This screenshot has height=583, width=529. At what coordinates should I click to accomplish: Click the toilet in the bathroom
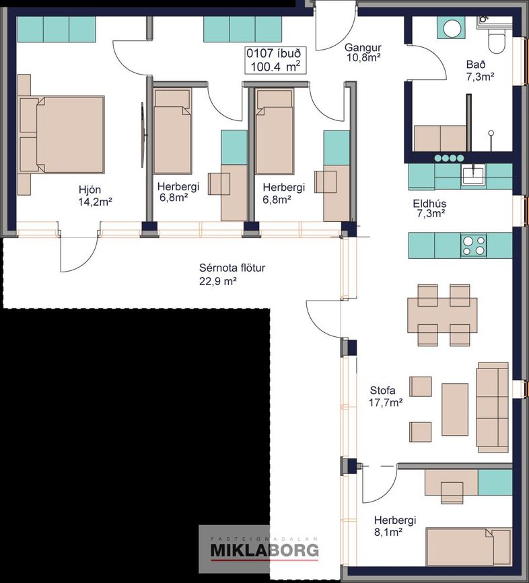pos(495,40)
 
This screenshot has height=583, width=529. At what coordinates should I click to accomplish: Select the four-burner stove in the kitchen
pos(474,245)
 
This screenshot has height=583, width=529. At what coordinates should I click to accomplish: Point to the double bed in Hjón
pos(61,134)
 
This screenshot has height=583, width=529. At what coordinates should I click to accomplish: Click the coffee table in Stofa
pos(455,410)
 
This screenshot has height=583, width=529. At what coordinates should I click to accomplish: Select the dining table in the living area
pos(442,315)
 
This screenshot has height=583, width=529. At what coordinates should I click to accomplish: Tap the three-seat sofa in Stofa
pos(493,407)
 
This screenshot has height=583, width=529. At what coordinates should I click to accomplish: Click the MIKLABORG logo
pos(264,549)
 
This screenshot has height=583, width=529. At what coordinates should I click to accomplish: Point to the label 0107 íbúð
pos(274,53)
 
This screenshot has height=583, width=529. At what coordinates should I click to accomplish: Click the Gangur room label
pos(363,48)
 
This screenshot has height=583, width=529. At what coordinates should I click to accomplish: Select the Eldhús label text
pos(429,204)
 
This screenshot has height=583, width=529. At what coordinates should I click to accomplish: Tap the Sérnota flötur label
pos(232,268)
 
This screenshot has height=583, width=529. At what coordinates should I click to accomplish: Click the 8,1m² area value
pos(388,532)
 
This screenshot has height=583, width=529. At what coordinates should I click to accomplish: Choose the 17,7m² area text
pos(386,402)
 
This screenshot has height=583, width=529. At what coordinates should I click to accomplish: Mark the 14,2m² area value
pos(96,202)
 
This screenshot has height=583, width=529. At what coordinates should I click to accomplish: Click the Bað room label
pos(476,65)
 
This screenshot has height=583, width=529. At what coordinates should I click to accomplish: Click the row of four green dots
pos(450,158)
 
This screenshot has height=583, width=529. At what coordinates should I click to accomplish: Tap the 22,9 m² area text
pos(218,280)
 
